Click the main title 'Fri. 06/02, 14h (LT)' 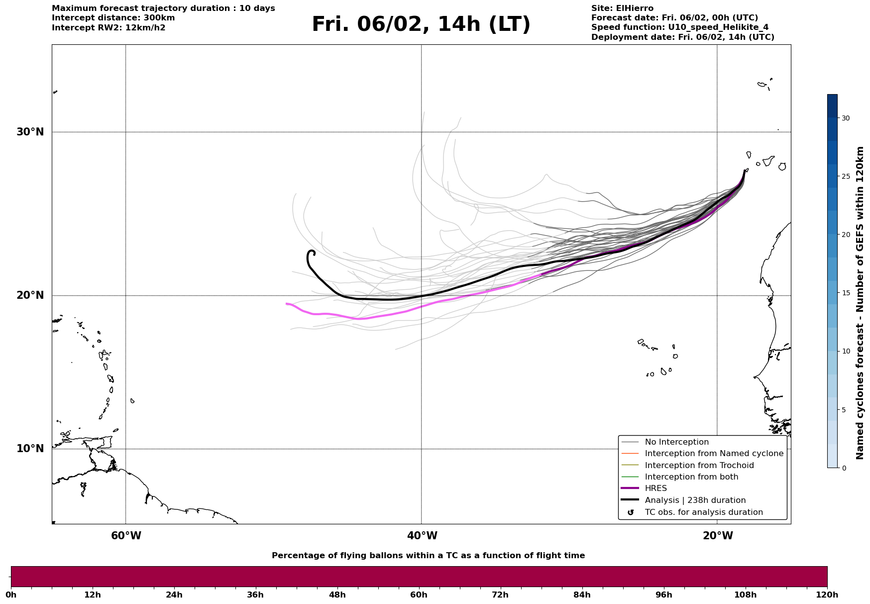pyautogui.click(x=421, y=24)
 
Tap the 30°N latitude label pyautogui.click(x=30, y=132)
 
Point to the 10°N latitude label pyautogui.click(x=30, y=449)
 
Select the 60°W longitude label pyautogui.click(x=126, y=536)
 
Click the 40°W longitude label pyautogui.click(x=422, y=536)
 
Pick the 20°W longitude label pyautogui.click(x=718, y=536)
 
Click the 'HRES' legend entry pyautogui.click(x=655, y=488)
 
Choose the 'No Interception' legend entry pyautogui.click(x=676, y=442)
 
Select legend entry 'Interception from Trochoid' pyautogui.click(x=699, y=466)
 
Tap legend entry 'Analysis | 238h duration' pyautogui.click(x=695, y=500)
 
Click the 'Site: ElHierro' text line pyautogui.click(x=622, y=8)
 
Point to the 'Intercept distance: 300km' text pyautogui.click(x=113, y=18)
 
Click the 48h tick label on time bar pyautogui.click(x=337, y=595)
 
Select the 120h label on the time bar pyautogui.click(x=827, y=595)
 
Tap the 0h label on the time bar pyautogui.click(x=11, y=595)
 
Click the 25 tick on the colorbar pyautogui.click(x=846, y=176)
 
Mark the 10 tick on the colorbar pyautogui.click(x=846, y=351)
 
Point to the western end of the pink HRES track pyautogui.click(x=287, y=304)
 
